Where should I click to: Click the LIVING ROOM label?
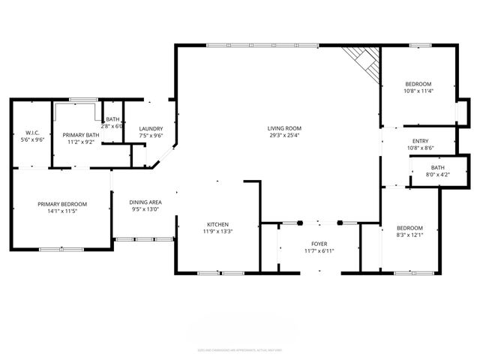pos(283,128)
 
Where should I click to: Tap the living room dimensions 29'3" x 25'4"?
pos(283,136)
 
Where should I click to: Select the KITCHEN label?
pos(218,224)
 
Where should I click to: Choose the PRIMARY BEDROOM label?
pos(63,204)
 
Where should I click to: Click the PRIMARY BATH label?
pos(78,133)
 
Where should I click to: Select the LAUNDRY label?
pos(151,128)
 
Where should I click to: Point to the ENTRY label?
pos(420,141)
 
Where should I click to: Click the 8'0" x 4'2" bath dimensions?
pos(437,174)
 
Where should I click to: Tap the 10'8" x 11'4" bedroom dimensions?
pos(419,91)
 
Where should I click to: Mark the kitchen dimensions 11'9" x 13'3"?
pos(218,232)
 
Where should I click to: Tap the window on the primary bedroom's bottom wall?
pos(61,249)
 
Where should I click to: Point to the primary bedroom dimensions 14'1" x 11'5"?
pos(63,211)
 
